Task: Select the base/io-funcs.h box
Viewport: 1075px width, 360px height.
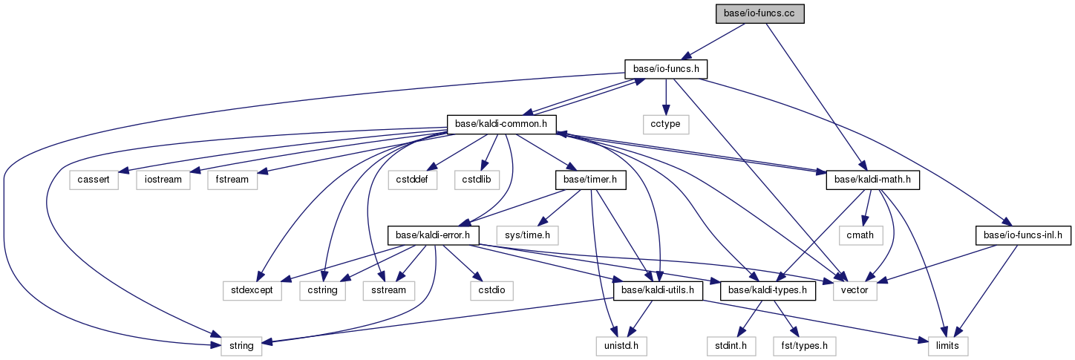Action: [x=665, y=69]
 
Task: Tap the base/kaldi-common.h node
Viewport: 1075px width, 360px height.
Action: [x=502, y=124]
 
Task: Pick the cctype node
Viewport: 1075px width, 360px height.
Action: [x=666, y=124]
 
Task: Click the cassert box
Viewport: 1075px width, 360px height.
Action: [x=94, y=180]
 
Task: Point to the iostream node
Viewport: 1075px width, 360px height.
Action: [x=159, y=180]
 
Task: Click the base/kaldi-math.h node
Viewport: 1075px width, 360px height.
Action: [x=873, y=180]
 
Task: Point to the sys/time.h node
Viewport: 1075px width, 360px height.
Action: [x=527, y=235]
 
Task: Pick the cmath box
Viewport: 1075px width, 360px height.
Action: [x=861, y=235]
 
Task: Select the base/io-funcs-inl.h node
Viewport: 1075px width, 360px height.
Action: [x=1023, y=235]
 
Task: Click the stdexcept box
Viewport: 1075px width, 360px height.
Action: [x=252, y=290]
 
